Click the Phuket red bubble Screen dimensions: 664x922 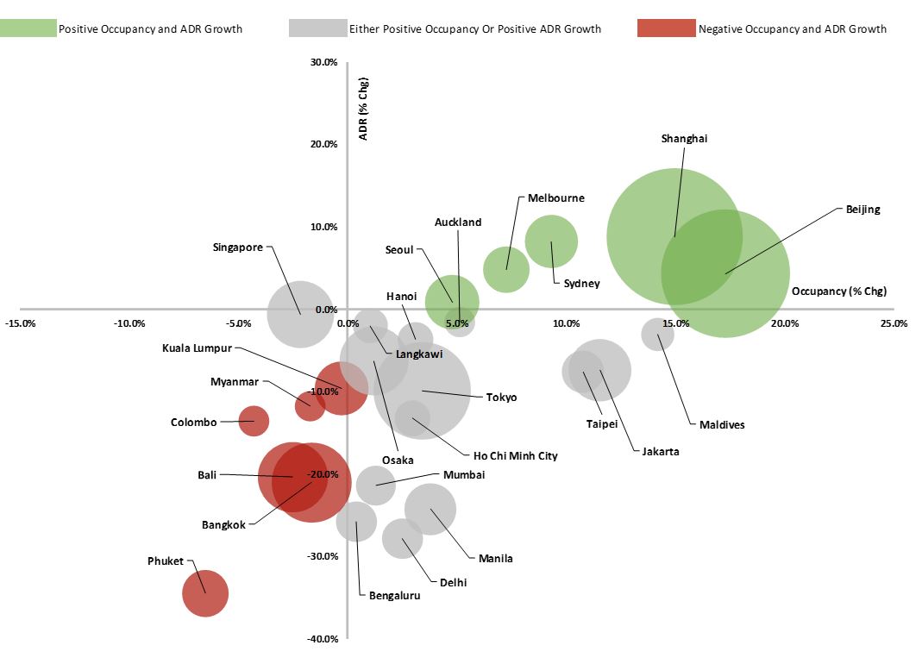(x=205, y=593)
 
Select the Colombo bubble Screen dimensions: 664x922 (x=254, y=421)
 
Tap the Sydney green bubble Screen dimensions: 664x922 (x=551, y=242)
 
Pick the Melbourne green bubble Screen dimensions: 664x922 (x=506, y=269)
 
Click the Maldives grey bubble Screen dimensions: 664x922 (x=658, y=334)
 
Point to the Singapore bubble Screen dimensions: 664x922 (x=299, y=314)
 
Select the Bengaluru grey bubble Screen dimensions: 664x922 (x=356, y=521)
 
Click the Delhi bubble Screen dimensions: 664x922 (x=403, y=538)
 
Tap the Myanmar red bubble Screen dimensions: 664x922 (x=310, y=405)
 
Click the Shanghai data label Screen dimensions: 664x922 (x=684, y=139)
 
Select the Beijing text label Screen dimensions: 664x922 (x=862, y=210)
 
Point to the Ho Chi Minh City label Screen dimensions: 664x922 (x=515, y=455)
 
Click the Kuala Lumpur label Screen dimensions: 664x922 (x=198, y=348)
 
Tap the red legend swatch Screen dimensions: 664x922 (x=666, y=28)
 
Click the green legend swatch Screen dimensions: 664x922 (x=28, y=28)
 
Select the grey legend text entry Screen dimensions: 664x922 (x=474, y=29)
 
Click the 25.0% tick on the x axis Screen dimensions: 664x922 (x=894, y=323)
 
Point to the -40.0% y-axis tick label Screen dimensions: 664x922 (x=323, y=639)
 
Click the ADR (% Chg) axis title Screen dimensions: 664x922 (x=364, y=109)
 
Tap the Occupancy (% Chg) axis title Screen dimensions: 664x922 (x=838, y=291)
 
